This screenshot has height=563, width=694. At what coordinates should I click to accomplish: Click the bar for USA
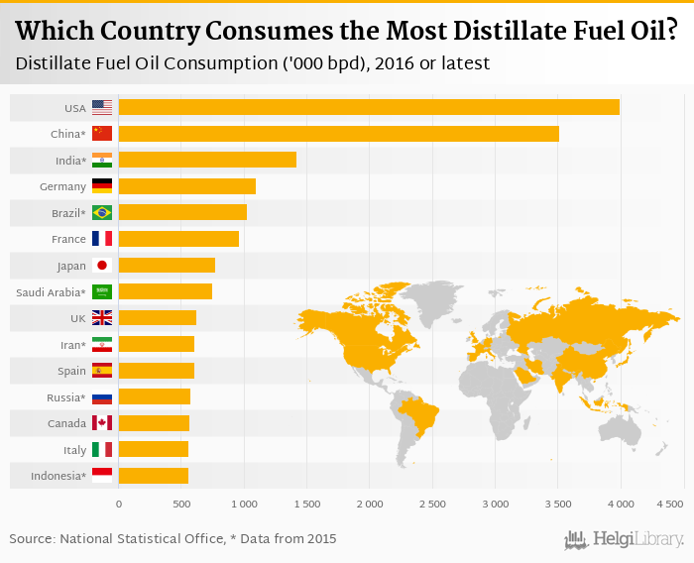tap(369, 107)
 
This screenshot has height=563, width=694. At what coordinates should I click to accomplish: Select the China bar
tap(338, 133)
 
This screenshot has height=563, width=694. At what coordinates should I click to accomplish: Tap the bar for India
tap(207, 160)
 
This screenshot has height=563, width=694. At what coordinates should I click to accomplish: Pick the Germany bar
tap(186, 186)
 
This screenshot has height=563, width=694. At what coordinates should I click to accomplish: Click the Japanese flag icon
tap(102, 265)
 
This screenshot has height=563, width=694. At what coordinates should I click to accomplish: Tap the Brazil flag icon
tap(102, 212)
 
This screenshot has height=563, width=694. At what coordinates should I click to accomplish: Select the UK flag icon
tap(102, 317)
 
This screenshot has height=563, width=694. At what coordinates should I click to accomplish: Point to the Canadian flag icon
tap(102, 423)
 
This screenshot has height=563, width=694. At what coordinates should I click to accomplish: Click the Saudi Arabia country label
tap(51, 291)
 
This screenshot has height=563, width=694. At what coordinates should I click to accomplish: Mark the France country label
tap(68, 239)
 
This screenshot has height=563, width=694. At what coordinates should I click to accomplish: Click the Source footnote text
tap(173, 539)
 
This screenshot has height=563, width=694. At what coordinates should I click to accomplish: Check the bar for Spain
tap(157, 371)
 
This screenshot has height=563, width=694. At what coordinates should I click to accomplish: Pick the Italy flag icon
tap(102, 449)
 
